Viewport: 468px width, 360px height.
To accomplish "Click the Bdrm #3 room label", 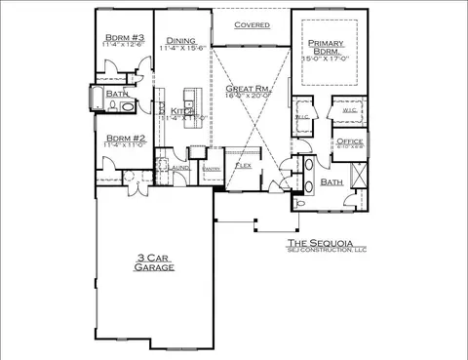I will coord(123,36).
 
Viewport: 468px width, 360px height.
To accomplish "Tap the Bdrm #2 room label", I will coord(123,138).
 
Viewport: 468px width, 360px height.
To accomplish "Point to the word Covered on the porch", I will coord(252,23).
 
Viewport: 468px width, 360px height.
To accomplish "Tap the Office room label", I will coord(350,141).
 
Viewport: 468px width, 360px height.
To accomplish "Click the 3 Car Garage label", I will coord(154,261).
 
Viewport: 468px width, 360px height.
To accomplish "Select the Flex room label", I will coord(245,166).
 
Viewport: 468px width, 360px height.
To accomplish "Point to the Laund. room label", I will coord(179,168).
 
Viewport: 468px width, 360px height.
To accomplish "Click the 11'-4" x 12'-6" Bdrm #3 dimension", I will coord(123,44).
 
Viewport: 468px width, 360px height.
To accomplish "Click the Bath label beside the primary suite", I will coord(331,182).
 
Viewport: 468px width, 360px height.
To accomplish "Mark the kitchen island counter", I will coord(190,99).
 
